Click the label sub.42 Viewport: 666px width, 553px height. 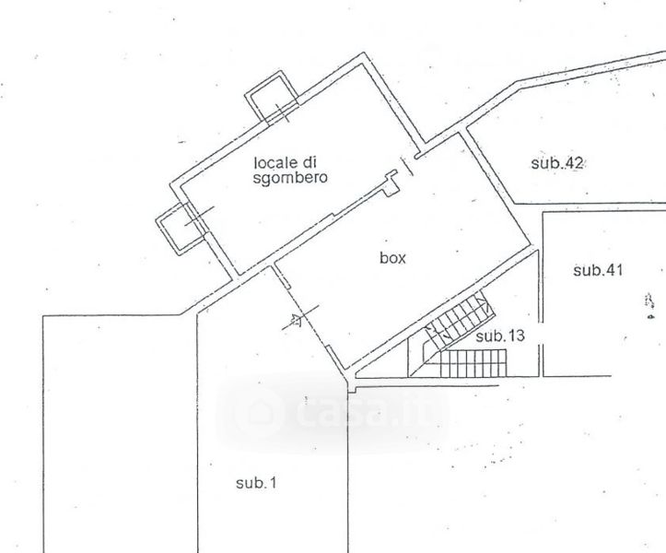point(556,163)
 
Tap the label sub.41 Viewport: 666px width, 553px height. point(598,270)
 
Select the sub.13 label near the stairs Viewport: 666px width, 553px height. point(500,336)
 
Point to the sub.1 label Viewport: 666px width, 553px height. point(256,483)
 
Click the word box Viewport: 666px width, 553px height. point(392,258)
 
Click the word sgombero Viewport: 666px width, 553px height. point(290,178)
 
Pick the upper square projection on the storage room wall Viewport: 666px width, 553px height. point(271,98)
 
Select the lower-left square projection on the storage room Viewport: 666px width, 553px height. point(181,229)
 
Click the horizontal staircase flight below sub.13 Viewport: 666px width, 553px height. point(473,363)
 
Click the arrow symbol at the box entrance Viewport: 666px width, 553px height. point(296,320)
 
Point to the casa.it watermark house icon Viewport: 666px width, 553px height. point(260,411)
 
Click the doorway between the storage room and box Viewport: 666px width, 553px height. point(407,166)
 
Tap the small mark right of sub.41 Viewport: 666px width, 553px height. point(649,305)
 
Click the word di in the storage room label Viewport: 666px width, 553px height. point(310,162)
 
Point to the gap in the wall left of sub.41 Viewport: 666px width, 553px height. point(541,334)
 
